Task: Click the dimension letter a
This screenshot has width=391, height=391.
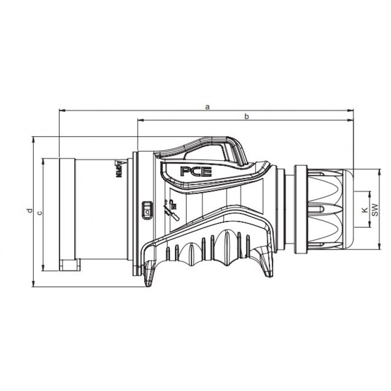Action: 207,106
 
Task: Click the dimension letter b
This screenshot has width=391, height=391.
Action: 247,116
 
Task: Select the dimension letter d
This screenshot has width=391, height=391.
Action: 29,211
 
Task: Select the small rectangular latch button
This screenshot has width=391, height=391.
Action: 147,210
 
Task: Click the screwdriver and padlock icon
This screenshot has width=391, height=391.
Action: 171,209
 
